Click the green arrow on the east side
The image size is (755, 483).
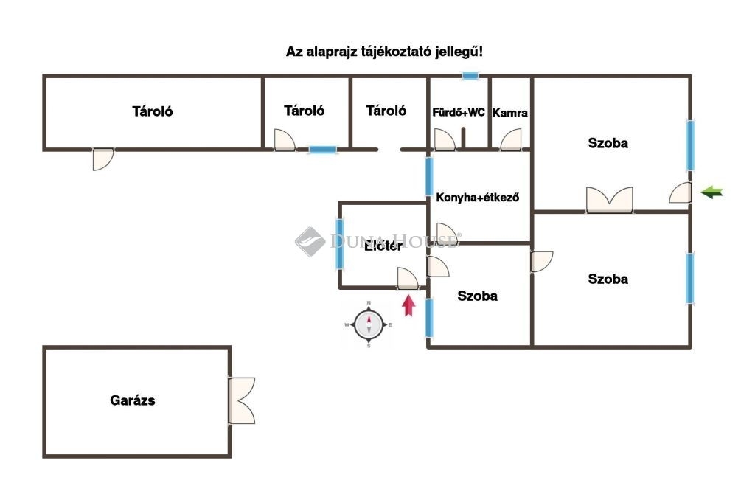pos(711,192)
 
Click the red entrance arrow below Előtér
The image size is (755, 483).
pos(408,305)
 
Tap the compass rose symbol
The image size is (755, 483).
pos(369,324)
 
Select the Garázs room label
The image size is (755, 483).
pos(133,401)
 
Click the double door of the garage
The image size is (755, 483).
pos(241,401)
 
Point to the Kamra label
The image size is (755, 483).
pos(509,113)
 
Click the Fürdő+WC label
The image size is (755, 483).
pos(459,113)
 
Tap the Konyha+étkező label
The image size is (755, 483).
pos(479,197)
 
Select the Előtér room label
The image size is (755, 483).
pos(383,246)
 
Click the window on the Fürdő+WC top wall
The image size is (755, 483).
pos(470,76)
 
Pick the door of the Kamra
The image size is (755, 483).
pos(510,140)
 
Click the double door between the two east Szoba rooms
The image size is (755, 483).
pos(610,200)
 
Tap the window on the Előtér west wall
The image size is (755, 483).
pos(340,244)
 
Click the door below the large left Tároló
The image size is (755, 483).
pos(103,159)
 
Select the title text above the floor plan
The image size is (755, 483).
pos(385,52)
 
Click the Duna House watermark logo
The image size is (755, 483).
pos(310,241)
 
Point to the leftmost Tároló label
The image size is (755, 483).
pos(153,112)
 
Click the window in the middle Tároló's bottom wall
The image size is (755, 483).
pos(322,150)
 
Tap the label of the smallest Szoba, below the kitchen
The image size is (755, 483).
pos(477,296)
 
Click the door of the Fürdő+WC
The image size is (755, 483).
pos(444,140)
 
